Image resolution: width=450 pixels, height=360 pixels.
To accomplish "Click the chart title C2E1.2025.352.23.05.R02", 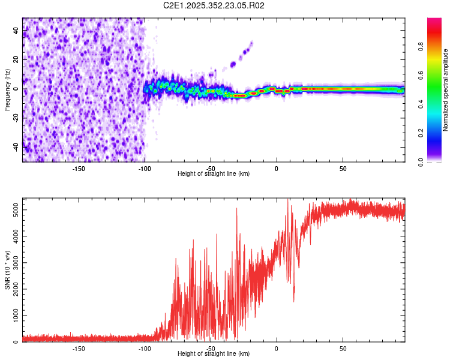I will tap(214, 5).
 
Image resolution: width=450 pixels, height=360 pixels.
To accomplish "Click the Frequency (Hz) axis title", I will tap(7, 89).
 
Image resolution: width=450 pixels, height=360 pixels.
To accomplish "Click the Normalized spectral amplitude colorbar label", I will tap(445, 90).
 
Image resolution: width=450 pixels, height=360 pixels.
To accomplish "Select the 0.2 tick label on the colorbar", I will tap(421, 133).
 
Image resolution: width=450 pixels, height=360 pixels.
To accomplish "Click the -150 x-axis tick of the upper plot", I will tap(79, 168).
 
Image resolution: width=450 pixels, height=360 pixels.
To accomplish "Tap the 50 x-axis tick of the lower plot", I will tap(343, 348).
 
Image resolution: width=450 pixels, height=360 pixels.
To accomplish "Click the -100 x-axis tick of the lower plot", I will tap(145, 348).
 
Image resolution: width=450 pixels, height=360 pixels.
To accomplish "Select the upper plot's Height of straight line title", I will tap(214, 174).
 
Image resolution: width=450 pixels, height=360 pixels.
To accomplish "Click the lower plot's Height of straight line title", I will tap(214, 354).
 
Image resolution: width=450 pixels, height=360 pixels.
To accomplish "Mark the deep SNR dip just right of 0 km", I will tap(294, 301).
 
